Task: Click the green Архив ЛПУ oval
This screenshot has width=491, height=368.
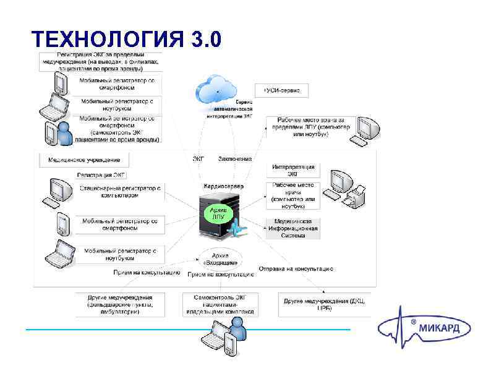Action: [x=218, y=213]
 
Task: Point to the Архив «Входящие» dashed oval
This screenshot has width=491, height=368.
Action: [x=220, y=259]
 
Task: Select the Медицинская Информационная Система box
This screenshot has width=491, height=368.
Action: [x=292, y=228]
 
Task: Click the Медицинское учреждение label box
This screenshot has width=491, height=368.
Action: [x=84, y=160]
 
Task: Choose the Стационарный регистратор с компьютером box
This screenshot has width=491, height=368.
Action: [x=121, y=190]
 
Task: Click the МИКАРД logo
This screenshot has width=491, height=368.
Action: [x=425, y=328]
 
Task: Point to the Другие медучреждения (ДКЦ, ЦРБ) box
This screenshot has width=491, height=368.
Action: [x=324, y=304]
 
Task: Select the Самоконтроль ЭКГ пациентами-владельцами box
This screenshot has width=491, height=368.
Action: [x=220, y=304]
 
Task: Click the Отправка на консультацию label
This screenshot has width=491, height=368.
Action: [x=296, y=269]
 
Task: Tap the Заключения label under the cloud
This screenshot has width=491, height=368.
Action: [x=235, y=159]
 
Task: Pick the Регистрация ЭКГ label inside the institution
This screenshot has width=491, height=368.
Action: [x=101, y=176]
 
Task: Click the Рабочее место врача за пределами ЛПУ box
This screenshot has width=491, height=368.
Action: [x=310, y=127]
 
